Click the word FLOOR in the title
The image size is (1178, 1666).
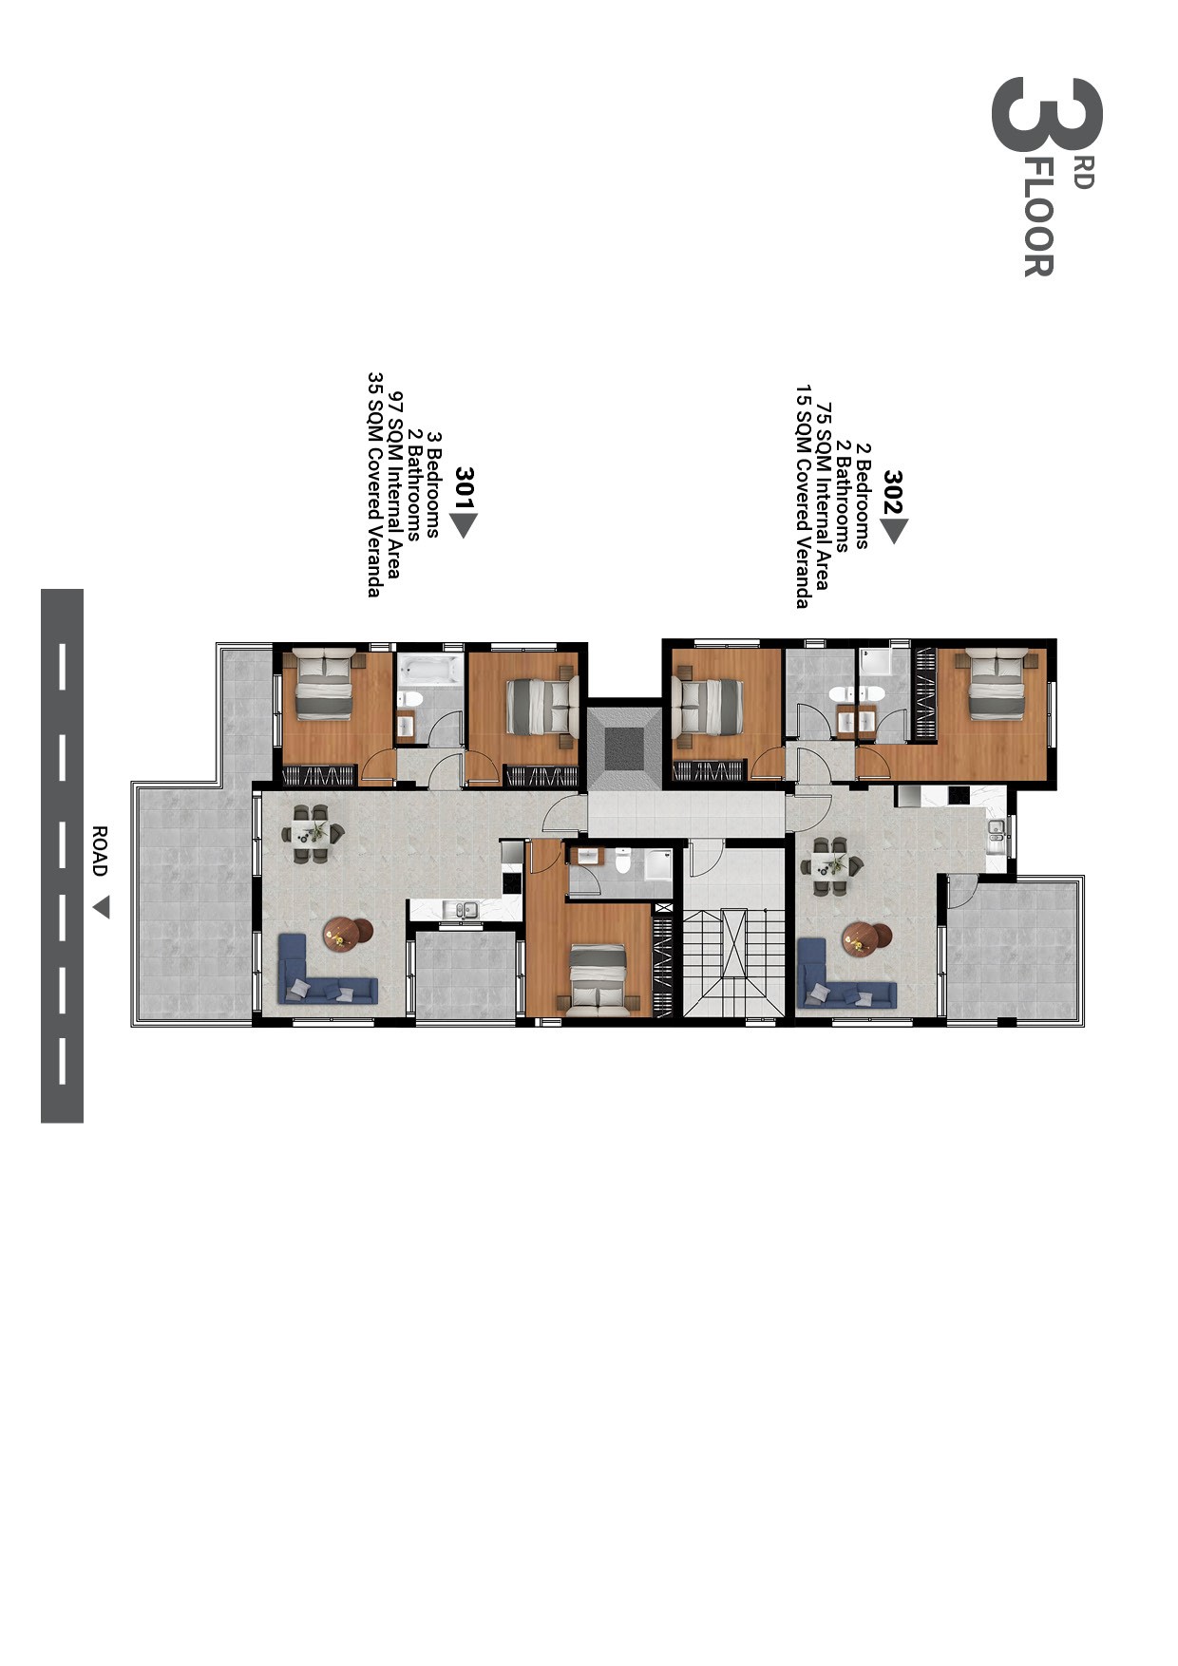(x=1037, y=218)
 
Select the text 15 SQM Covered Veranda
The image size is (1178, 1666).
(x=804, y=496)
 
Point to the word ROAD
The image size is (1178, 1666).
(x=99, y=851)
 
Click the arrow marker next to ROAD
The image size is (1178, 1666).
(x=101, y=908)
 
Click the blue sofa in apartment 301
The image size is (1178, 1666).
(x=323, y=974)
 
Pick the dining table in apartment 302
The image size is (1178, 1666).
(x=831, y=865)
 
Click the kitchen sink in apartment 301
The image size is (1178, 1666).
(x=464, y=910)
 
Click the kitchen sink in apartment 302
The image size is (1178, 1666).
(x=997, y=833)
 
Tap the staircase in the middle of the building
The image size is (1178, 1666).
(x=733, y=961)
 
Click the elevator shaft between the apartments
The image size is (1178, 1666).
(x=622, y=747)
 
